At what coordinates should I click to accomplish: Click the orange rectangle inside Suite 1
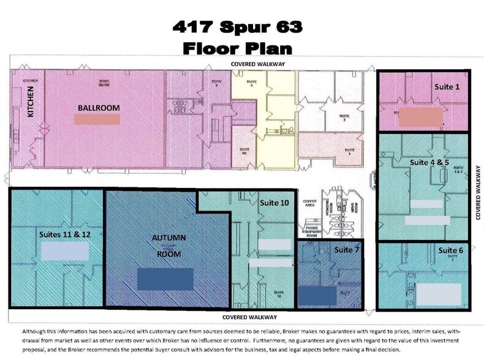tap(420, 116)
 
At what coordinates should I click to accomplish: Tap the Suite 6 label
tap(450, 250)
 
